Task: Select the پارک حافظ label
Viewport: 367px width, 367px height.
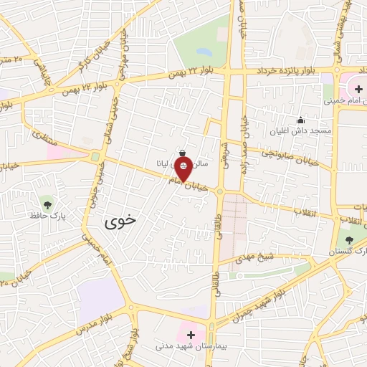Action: [48, 214]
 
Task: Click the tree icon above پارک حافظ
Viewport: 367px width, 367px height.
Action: [48, 202]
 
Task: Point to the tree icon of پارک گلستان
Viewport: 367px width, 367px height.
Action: [349, 239]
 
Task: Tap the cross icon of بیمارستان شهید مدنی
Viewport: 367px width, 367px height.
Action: [191, 334]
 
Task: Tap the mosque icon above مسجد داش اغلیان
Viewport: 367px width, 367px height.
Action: [300, 120]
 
